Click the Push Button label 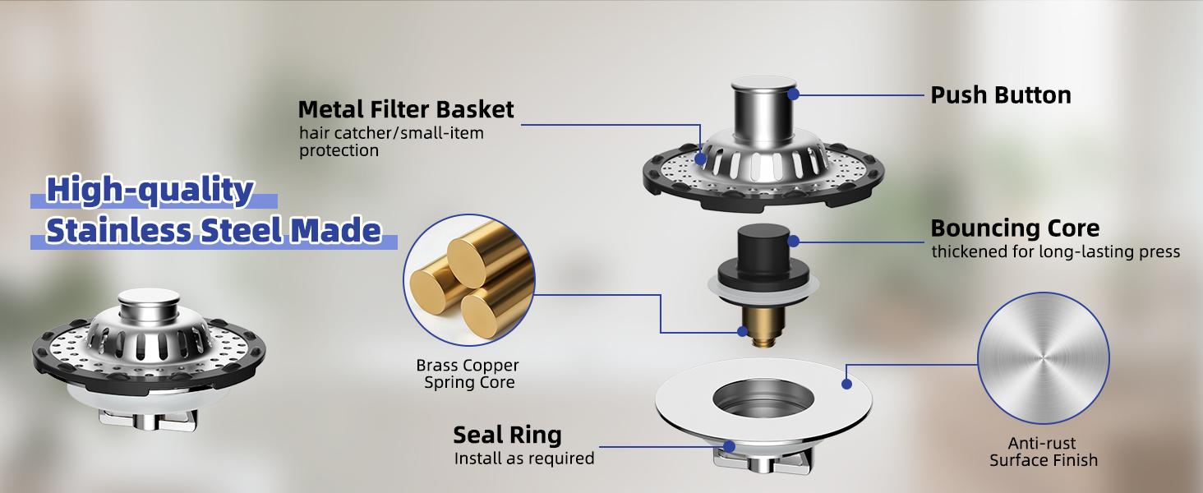pyautogui.click(x=1000, y=95)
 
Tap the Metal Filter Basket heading pyautogui.click(x=405, y=109)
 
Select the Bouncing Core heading pyautogui.click(x=1014, y=228)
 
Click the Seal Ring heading pyautogui.click(x=507, y=435)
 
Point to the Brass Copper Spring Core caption pyautogui.click(x=468, y=374)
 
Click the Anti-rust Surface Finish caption pyautogui.click(x=1043, y=452)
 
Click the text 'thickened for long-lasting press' pyautogui.click(x=1055, y=251)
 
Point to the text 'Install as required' pyautogui.click(x=523, y=458)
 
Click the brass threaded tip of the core pyautogui.click(x=754, y=327)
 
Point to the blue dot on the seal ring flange pyautogui.click(x=846, y=383)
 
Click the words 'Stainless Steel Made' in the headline pyautogui.click(x=213, y=232)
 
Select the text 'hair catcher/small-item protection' pyautogui.click(x=390, y=141)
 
